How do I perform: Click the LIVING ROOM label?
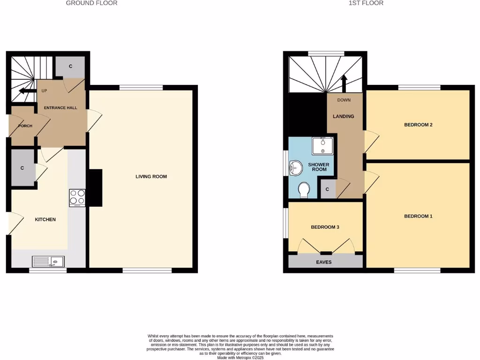tap(151, 177)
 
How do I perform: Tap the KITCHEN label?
tap(45, 219)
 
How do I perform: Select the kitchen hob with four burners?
tap(77, 198)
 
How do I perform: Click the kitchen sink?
tap(49, 262)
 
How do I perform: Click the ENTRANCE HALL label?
tap(60, 108)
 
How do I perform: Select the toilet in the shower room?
tap(304, 190)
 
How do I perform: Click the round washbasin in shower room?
tap(296, 167)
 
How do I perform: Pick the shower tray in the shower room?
tap(323, 146)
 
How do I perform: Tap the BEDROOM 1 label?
tap(418, 216)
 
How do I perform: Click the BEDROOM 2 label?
tap(418, 125)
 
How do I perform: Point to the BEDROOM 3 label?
tap(325, 227)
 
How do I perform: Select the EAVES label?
tap(324, 262)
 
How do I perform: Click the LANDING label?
tap(344, 116)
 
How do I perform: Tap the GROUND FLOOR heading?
tap(91, 3)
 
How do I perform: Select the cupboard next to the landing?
tap(327, 189)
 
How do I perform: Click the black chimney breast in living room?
tap(95, 187)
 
